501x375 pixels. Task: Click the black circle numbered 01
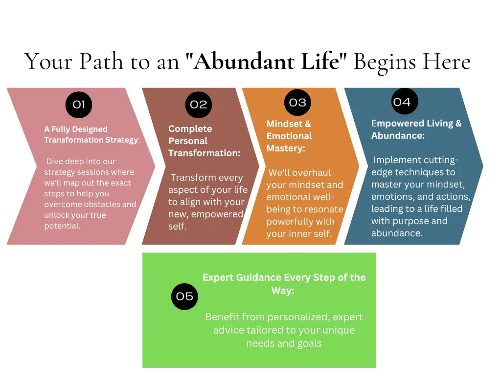click(79, 104)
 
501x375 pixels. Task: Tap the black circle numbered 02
click(199, 104)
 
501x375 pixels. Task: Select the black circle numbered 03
click(297, 103)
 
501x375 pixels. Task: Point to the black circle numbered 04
click(405, 102)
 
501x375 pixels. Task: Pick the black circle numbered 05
click(184, 296)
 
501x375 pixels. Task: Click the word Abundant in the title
click(244, 61)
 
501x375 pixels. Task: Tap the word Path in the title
click(101, 61)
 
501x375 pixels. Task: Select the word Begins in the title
click(385, 62)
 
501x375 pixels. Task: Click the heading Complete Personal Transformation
click(204, 141)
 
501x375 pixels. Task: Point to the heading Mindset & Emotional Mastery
click(289, 136)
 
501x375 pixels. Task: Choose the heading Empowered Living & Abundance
click(416, 129)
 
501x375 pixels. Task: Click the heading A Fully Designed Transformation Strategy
click(92, 135)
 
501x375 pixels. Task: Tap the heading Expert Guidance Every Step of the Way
click(284, 284)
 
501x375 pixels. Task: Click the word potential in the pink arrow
click(62, 226)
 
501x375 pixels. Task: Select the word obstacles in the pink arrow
click(103, 204)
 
